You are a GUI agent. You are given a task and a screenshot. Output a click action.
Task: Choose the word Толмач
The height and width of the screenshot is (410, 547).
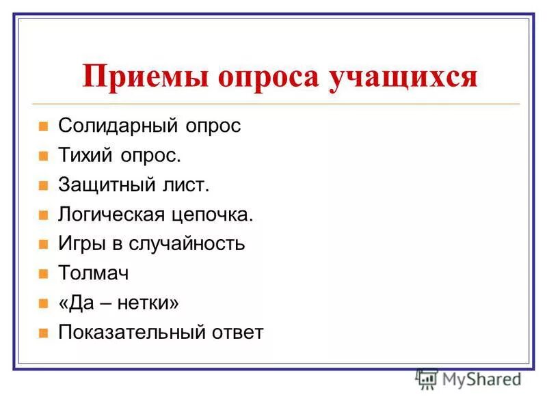(x=93, y=273)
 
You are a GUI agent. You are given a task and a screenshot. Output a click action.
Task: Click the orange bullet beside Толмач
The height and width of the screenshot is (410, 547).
(x=43, y=274)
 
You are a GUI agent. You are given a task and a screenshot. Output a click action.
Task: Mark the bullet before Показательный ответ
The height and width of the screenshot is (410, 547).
(x=43, y=333)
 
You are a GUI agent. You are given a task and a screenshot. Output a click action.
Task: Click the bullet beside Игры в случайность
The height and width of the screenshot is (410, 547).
(x=43, y=245)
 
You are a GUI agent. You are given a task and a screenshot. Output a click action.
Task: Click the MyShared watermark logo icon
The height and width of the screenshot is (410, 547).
(x=427, y=379)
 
